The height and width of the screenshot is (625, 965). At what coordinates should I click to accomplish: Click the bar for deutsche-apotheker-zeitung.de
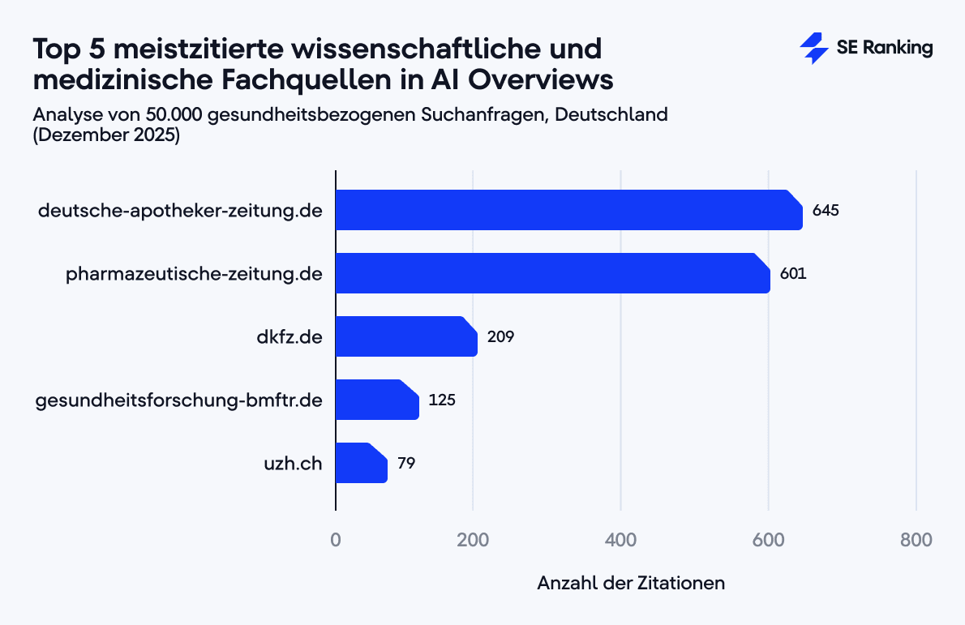coord(568,210)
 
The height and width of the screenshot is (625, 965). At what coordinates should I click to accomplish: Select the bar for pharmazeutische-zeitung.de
coord(551,273)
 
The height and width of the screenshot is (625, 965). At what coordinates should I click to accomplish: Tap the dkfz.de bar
coord(405,336)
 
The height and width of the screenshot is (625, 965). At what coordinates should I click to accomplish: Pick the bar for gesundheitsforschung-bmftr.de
coord(376,400)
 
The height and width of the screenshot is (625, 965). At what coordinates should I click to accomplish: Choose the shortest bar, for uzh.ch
coord(361,463)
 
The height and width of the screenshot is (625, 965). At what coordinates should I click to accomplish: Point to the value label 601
coord(793,274)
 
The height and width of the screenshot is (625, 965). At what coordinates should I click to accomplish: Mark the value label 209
coord(500,337)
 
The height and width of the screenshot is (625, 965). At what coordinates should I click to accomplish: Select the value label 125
coord(442,400)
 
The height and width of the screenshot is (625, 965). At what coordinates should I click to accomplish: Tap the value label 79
coord(406,464)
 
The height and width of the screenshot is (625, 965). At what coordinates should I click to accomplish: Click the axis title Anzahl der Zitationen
coord(631,583)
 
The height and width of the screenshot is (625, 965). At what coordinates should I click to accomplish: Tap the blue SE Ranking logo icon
coord(813,49)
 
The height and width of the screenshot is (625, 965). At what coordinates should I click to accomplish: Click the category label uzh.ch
coord(294,464)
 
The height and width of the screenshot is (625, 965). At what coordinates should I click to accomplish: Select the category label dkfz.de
coord(284,337)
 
